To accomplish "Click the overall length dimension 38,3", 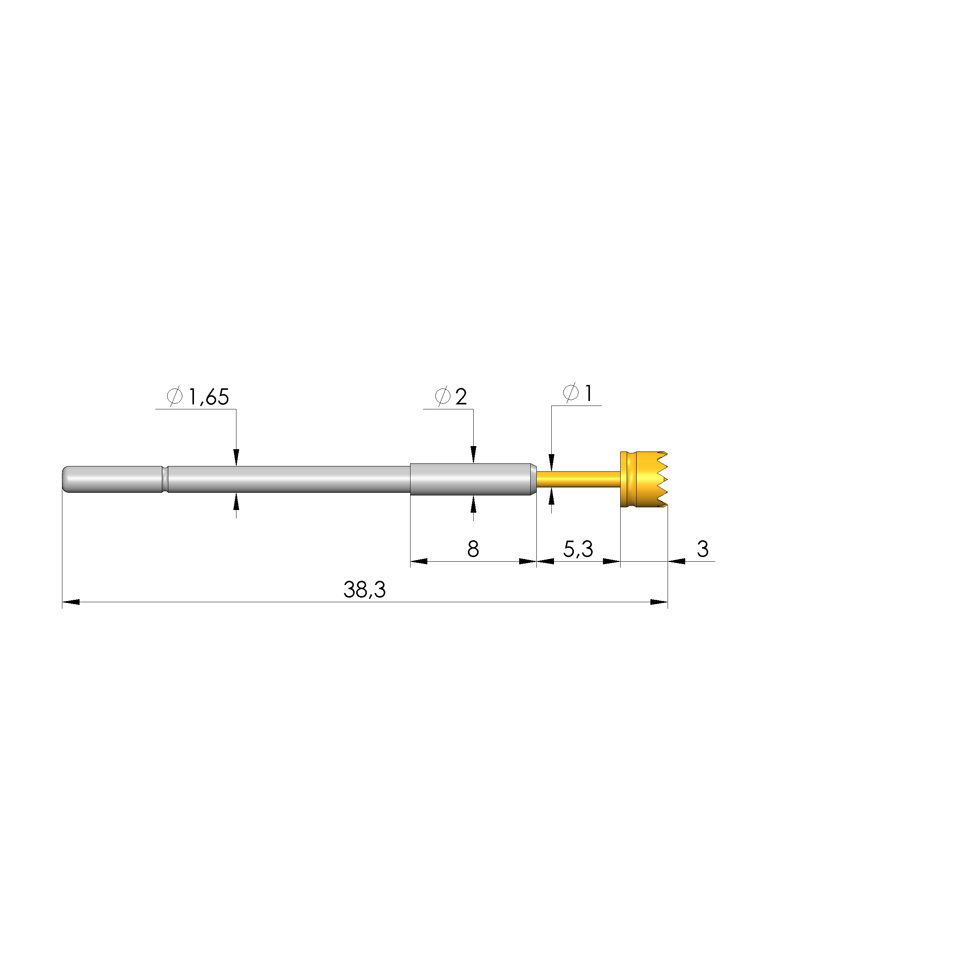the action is click(365, 590).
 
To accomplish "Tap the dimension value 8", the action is click(473, 549).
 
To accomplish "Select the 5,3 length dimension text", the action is click(578, 549).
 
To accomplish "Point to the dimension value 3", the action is click(703, 549).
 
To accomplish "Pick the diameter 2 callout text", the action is click(461, 397).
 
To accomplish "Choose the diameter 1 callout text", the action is click(588, 394).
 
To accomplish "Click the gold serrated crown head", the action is click(644, 479).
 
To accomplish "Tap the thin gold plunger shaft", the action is click(578, 479).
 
